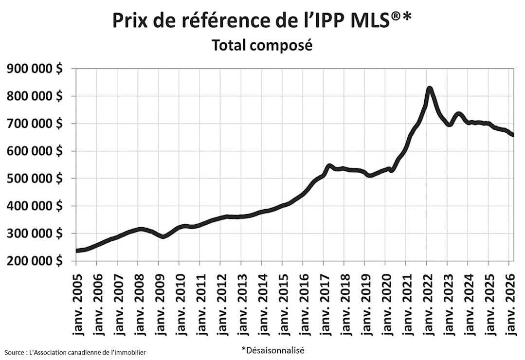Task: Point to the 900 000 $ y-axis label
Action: [35, 69]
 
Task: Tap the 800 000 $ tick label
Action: [35, 96]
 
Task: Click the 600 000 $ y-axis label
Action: [35, 151]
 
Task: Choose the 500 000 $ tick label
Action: [35, 179]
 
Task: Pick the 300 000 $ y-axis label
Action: [35, 234]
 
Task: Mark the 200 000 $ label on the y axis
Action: [35, 261]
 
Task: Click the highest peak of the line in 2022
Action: [430, 89]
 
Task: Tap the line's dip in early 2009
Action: [163, 236]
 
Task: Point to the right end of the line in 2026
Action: [513, 135]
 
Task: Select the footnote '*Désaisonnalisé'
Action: [272, 350]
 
